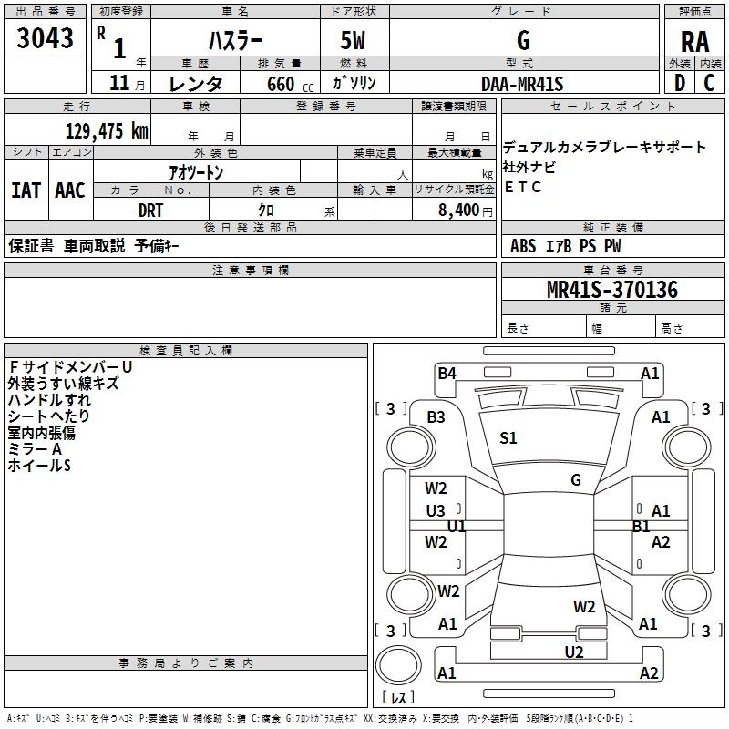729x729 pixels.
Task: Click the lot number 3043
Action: click(46, 39)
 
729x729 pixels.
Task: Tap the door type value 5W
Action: click(354, 40)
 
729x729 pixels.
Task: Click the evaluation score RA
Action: click(694, 41)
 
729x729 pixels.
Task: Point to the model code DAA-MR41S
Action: click(522, 84)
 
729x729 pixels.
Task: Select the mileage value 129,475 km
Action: click(107, 130)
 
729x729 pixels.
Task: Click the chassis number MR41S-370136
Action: click(612, 291)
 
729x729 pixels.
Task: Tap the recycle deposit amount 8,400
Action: click(458, 210)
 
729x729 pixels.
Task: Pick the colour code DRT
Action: click(150, 210)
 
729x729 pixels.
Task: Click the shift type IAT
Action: click(26, 190)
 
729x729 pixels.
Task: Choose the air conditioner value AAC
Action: click(69, 190)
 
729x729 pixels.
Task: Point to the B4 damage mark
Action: click(447, 373)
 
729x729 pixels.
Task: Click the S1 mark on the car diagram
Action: click(508, 438)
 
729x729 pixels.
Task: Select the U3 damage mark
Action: click(436, 511)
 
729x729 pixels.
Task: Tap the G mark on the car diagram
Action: click(576, 480)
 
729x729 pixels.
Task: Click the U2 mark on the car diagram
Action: click(574, 652)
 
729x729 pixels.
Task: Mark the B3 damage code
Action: click(436, 416)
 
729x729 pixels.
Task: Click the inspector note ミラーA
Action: click(35, 449)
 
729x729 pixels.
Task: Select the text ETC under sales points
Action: click(522, 188)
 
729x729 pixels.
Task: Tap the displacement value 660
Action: click(280, 85)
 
